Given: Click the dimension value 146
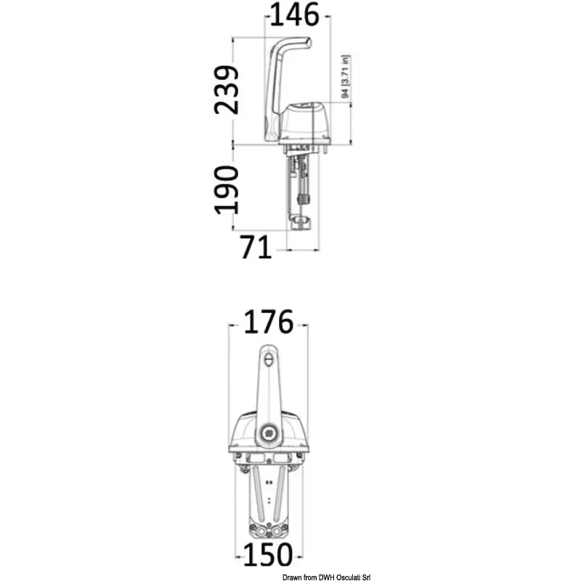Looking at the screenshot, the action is (x=295, y=15).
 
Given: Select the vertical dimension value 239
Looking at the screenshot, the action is (x=227, y=89).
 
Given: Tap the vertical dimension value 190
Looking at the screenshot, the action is (x=227, y=190).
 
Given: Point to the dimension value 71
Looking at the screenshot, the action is (x=256, y=247).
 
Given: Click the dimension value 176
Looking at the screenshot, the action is (x=269, y=322).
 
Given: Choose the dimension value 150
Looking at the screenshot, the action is (x=268, y=555).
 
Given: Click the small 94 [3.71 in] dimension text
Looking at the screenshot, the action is (x=346, y=77).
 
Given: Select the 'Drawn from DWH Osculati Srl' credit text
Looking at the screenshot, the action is (x=326, y=577).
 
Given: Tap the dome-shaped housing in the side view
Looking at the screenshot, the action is (x=304, y=122).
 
